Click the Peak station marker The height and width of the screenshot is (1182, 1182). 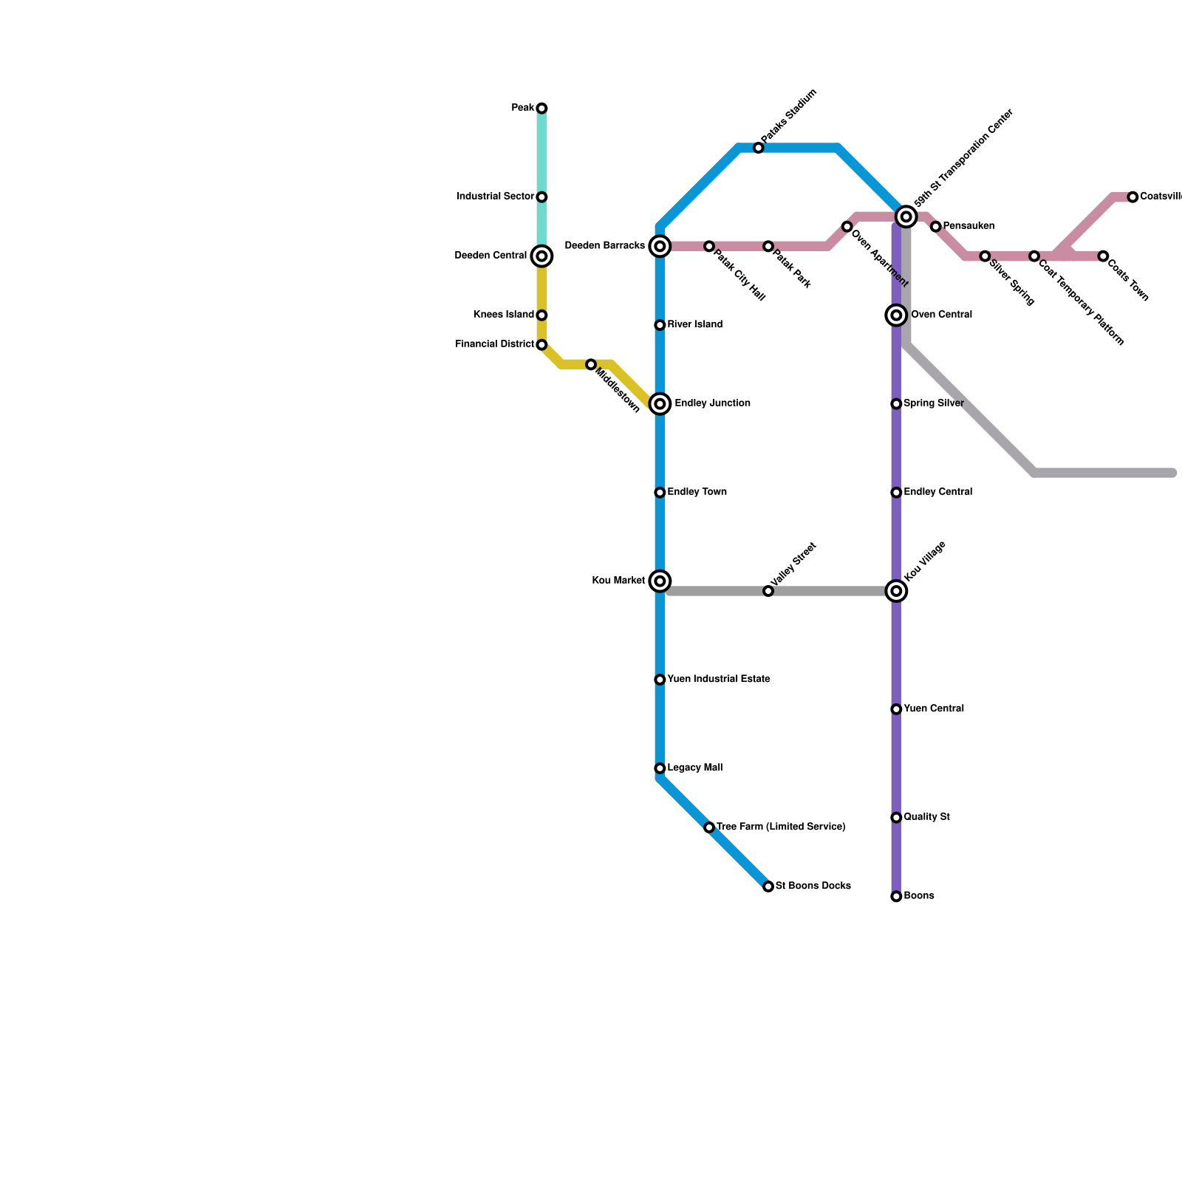(542, 109)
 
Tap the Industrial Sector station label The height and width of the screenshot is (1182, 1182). (495, 197)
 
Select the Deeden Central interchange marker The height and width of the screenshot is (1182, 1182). (542, 256)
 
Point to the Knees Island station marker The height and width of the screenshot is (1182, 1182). (542, 315)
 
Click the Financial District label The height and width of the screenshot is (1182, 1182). (494, 344)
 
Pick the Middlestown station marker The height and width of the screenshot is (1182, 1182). (591, 365)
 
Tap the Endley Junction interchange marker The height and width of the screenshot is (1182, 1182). (660, 404)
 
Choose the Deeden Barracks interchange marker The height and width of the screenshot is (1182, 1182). (660, 246)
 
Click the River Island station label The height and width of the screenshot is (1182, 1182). (694, 325)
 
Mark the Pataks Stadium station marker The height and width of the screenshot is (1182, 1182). (758, 148)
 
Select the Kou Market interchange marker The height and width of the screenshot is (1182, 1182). (660, 581)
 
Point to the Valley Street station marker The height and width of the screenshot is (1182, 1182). (768, 592)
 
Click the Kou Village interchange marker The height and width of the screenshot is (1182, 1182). (896, 591)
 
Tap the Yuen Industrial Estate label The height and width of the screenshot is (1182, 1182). (719, 680)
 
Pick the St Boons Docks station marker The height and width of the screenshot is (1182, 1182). (768, 886)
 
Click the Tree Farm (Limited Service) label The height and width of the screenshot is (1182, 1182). (781, 827)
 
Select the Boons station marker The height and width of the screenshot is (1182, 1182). (896, 897)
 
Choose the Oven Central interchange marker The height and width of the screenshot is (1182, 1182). (896, 315)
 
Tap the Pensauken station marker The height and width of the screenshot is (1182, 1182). (935, 227)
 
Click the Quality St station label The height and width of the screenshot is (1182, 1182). (926, 818)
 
